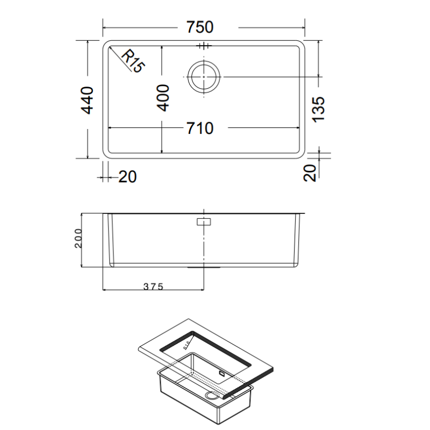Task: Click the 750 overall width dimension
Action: point(200,27)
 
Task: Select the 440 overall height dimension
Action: point(88,100)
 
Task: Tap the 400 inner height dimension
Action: point(163,97)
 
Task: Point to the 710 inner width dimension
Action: point(200,128)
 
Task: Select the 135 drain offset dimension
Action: point(319,109)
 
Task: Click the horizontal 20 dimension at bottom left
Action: point(127,176)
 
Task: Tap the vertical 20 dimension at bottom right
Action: point(310,174)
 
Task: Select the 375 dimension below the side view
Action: point(153,286)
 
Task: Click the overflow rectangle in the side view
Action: point(204,221)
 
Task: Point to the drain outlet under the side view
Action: point(204,266)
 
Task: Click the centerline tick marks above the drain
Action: point(204,46)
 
